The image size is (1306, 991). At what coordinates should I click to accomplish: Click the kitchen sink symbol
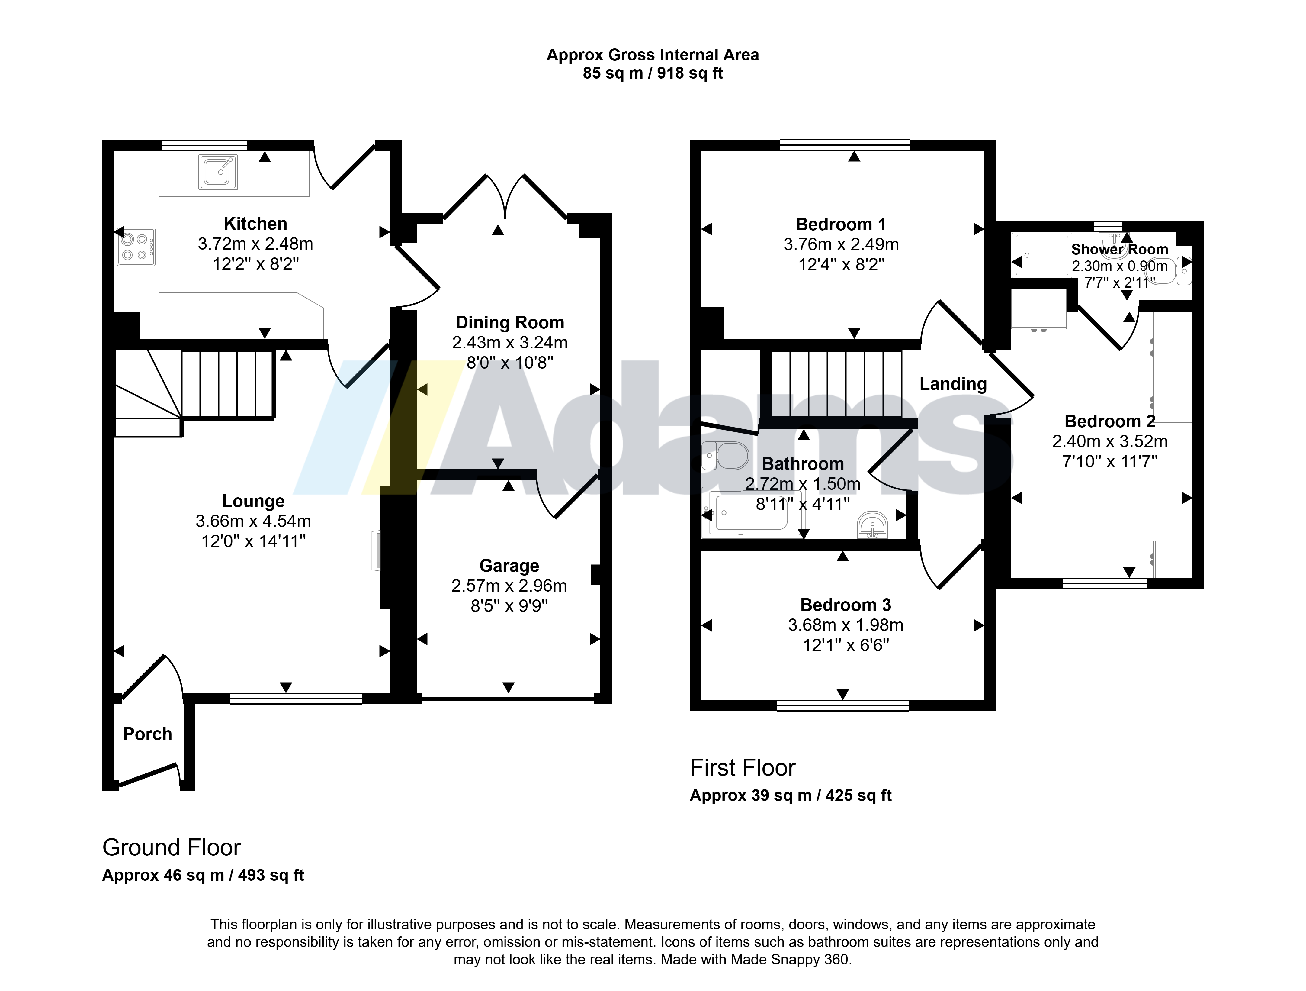[x=218, y=172]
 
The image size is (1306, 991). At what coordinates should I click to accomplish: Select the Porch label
[x=148, y=734]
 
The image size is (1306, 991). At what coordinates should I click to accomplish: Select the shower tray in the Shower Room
[x=1041, y=255]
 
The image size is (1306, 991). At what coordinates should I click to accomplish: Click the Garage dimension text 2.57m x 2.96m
[x=509, y=586]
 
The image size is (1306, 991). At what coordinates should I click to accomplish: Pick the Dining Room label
[x=510, y=322]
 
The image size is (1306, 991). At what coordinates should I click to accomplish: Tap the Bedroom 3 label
[x=846, y=605]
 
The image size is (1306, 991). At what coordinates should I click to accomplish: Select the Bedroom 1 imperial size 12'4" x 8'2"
[x=841, y=265]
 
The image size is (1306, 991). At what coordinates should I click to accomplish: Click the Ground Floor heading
[x=172, y=847]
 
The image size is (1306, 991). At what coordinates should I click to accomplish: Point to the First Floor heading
[x=743, y=768]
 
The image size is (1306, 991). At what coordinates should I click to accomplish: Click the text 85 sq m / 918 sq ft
[x=653, y=73]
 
